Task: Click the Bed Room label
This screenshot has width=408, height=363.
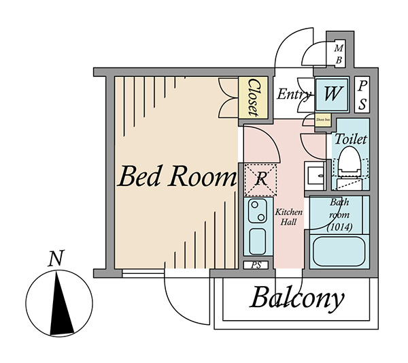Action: [176, 177]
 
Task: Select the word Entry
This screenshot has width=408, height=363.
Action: [294, 94]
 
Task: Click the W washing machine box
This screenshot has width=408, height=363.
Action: [332, 94]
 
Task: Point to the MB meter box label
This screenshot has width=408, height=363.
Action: [339, 54]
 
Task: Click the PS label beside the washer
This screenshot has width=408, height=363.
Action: [362, 94]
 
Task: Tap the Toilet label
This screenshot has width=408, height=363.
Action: [350, 139]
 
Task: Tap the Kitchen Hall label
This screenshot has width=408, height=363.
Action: [288, 217]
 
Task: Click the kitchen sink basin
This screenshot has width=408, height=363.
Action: [257, 240]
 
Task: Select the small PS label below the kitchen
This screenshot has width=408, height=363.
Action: [256, 264]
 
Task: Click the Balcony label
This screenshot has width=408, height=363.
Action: [297, 298]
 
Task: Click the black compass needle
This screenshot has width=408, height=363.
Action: [61, 303]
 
